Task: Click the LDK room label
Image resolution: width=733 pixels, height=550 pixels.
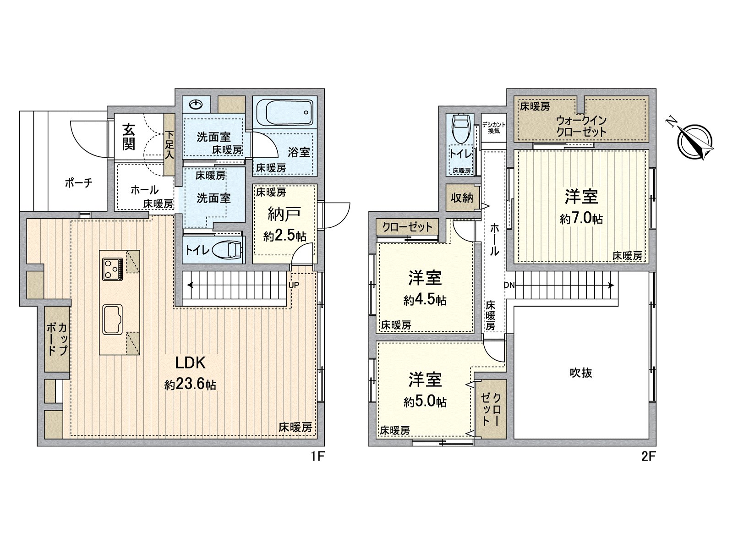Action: [x=191, y=363]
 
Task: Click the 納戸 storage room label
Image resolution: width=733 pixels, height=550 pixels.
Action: [x=284, y=214]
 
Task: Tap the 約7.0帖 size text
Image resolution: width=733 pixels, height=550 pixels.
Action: [x=581, y=219]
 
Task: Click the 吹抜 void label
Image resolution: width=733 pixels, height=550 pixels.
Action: [x=581, y=373]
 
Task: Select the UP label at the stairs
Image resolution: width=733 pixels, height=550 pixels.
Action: [x=294, y=285]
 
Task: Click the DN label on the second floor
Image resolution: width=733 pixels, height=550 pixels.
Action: [x=509, y=285]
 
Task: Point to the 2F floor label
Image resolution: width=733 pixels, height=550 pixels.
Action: [x=649, y=456]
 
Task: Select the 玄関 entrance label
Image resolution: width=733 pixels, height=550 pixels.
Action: [x=129, y=137]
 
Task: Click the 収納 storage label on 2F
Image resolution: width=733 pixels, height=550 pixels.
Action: [x=462, y=198]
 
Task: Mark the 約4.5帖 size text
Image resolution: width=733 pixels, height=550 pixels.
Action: [x=425, y=301]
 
